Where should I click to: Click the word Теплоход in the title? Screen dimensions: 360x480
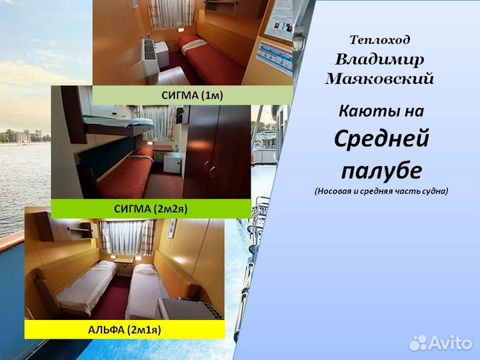tap(379, 40)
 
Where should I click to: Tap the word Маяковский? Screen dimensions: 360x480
tap(379, 79)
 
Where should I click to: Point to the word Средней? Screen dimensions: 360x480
tap(381, 139)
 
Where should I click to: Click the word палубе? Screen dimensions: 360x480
tap(381, 171)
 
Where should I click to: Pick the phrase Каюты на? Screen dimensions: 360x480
tap(381, 110)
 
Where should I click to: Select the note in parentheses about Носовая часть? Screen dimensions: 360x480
tap(381, 191)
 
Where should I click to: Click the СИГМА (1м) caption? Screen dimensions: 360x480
tap(192, 95)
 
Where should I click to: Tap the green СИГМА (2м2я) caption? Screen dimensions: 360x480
tap(151, 209)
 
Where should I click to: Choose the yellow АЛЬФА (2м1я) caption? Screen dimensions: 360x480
tap(125, 329)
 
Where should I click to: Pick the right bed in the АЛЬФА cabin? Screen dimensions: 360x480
tap(147, 290)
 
